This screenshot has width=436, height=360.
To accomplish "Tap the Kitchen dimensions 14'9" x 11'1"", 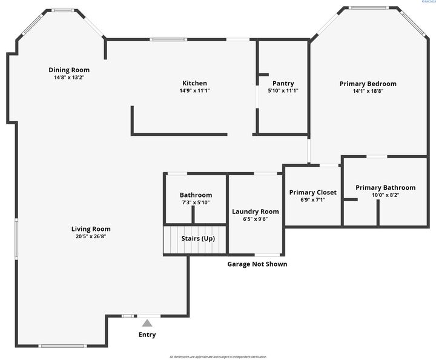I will (194, 91).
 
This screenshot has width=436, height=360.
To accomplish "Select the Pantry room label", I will (283, 83).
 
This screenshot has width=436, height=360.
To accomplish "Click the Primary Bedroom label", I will (368, 84).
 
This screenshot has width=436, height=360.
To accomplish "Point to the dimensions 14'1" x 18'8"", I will (368, 91).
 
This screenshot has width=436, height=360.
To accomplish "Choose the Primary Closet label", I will (312, 192).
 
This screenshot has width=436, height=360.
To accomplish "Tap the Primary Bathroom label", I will (385, 188).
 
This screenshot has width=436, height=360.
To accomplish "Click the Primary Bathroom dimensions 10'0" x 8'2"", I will (385, 195).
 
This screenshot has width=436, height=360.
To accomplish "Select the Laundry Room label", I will (255, 212).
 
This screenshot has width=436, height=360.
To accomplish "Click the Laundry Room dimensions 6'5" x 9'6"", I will (255, 219).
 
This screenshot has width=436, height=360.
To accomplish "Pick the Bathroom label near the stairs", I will (196, 195).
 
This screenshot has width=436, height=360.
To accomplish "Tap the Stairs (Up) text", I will (198, 238).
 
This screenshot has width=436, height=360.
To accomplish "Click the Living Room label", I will (91, 229).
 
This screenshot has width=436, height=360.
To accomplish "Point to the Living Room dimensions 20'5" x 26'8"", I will (91, 236).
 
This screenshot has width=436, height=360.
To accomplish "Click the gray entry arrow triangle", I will (147, 323).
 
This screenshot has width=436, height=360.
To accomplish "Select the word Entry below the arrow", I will (147, 335).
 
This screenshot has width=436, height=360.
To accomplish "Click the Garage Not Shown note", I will (257, 264).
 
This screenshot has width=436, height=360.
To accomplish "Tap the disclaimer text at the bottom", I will (217, 357).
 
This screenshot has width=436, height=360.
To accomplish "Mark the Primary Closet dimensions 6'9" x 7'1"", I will (312, 199).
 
